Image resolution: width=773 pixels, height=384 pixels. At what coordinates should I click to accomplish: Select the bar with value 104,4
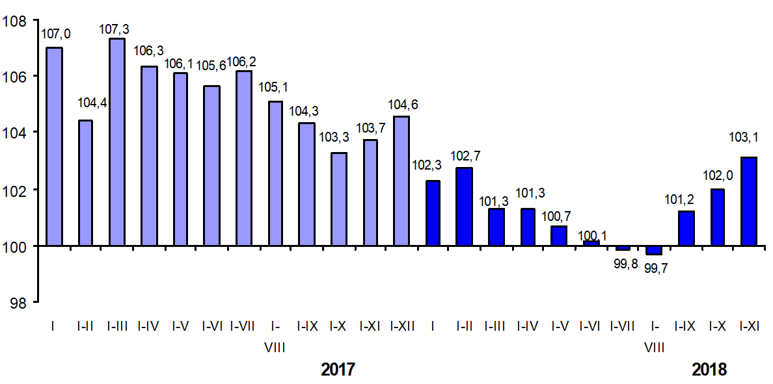coord(85,183)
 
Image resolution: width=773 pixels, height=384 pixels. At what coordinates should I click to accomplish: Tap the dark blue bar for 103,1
coord(749,201)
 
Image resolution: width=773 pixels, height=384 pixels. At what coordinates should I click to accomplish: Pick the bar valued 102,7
coord(465,207)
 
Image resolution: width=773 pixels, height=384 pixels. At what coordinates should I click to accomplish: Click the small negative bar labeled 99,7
coord(654,250)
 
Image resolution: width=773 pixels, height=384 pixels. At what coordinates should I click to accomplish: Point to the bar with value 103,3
coord(338,199)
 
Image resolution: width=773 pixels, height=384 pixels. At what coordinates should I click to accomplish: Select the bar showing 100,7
coord(559,236)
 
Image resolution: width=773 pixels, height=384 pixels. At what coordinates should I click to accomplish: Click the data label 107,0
coord(55,34)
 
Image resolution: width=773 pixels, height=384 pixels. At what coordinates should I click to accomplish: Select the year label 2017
coord(338,370)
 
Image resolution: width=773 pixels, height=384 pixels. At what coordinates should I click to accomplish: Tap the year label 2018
coord(709,370)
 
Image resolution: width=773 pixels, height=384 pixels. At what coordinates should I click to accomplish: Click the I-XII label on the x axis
coord(401,326)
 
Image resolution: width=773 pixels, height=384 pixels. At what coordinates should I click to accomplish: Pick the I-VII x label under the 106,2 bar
coord(243,326)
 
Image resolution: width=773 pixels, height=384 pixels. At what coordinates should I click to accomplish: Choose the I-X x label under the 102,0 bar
coord(717,326)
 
